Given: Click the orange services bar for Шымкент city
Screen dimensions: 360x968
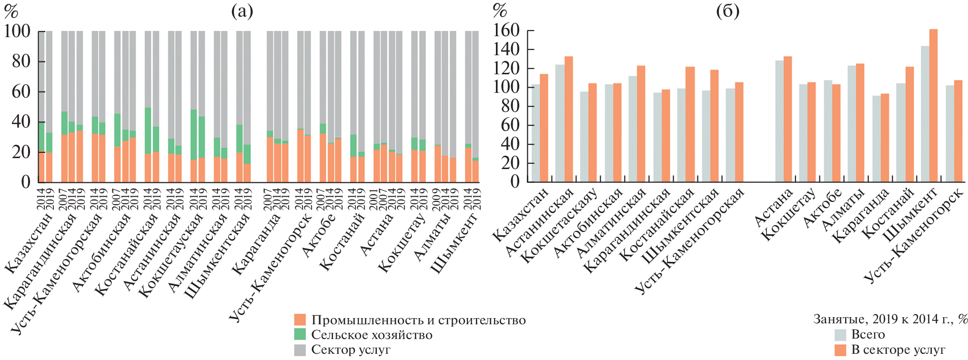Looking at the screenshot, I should click(x=933, y=105).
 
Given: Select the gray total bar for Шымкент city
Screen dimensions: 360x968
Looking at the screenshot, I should click(x=925, y=114).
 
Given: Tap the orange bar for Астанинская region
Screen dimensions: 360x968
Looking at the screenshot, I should click(x=569, y=119).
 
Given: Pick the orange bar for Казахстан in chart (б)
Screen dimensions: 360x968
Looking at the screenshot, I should click(x=544, y=128).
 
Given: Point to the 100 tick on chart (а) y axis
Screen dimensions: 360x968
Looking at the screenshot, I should click(x=17, y=31).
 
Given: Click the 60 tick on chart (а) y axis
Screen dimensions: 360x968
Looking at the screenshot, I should click(x=20, y=91).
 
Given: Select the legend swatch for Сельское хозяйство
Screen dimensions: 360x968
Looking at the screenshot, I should click(x=300, y=335).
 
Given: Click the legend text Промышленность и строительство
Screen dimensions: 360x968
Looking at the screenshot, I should click(x=418, y=320).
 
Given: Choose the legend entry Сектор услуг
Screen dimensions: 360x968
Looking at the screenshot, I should click(x=351, y=350).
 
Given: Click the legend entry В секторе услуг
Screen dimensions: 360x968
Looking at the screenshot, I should click(x=898, y=350).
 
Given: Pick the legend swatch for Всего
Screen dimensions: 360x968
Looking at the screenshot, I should click(x=840, y=335).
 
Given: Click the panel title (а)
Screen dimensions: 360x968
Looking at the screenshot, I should click(x=242, y=10).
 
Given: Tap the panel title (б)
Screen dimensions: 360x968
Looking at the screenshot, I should click(x=728, y=10).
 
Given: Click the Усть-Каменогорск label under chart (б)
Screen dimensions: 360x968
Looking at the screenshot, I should click(x=917, y=238).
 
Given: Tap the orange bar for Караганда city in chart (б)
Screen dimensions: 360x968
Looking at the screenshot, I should click(x=885, y=138).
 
